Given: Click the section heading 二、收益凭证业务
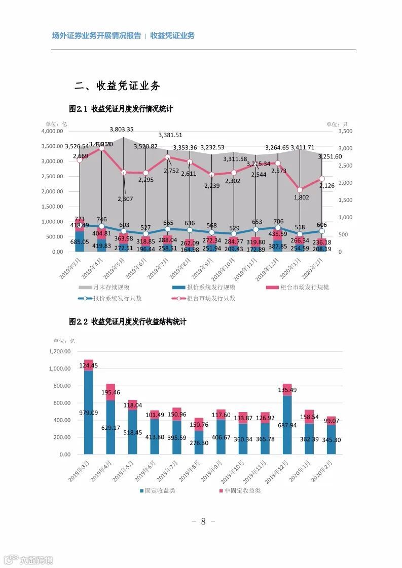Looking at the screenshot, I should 117,86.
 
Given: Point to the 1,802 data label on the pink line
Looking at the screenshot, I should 300,198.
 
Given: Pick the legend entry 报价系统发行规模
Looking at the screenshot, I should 197,288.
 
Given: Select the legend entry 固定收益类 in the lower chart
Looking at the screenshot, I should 157,491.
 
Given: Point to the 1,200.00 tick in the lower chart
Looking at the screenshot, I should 60,351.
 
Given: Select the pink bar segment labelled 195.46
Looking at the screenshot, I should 111,392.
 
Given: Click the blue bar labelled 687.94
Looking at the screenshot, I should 287,425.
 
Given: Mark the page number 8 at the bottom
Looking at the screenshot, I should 203,521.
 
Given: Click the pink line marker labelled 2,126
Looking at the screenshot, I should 322,179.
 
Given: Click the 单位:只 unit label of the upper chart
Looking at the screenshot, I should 337,124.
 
